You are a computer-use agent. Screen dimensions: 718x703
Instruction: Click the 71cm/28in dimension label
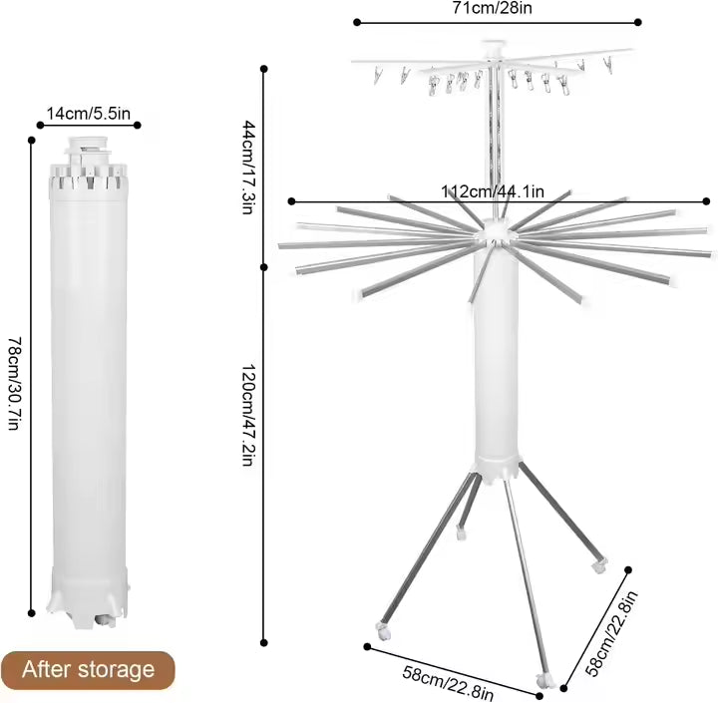click(x=493, y=8)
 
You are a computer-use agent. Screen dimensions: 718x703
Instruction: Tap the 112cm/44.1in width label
click(x=493, y=191)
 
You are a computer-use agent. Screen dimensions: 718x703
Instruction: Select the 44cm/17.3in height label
click(x=248, y=168)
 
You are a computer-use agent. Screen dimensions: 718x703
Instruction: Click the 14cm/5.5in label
click(x=89, y=113)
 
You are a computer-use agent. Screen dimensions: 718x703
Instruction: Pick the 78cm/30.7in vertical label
click(x=15, y=383)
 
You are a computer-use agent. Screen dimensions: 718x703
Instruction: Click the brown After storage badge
click(x=88, y=670)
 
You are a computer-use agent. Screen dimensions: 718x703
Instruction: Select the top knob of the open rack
click(x=494, y=47)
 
